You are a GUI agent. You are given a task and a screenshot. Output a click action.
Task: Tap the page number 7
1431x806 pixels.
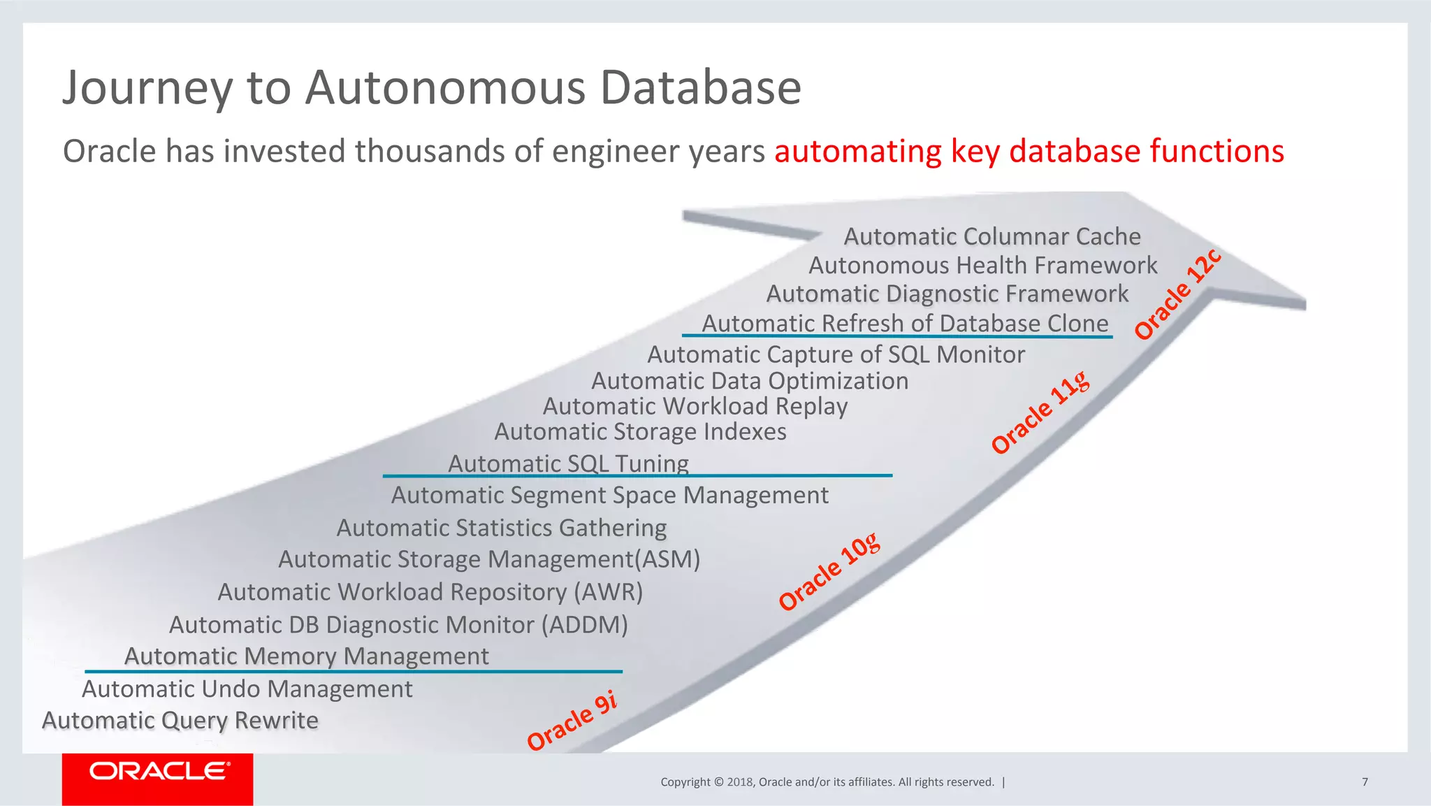coord(1365,782)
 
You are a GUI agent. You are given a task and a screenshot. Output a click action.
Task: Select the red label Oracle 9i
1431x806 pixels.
coord(572,721)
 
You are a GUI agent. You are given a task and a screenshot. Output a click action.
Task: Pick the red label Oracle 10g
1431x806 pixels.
coord(829,572)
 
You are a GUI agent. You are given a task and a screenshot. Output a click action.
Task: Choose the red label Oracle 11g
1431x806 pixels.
coord(1040,413)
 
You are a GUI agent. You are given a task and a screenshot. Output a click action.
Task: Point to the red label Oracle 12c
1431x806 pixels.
coord(1178,294)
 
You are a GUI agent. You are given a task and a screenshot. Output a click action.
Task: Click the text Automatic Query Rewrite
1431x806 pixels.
coord(180,720)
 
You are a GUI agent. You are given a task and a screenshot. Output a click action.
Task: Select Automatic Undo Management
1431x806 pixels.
coord(247,689)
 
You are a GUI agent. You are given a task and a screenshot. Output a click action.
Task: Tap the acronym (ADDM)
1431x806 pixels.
coord(585,624)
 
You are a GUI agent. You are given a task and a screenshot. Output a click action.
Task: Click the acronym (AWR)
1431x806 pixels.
coord(608,591)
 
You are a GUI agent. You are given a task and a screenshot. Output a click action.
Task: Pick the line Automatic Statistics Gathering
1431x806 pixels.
coord(501,527)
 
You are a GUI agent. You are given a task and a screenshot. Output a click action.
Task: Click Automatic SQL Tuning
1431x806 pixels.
coord(568,463)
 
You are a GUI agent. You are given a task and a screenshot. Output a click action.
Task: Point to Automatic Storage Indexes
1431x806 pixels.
coord(640,431)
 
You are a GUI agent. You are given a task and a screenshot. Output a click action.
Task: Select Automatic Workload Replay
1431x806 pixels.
coord(695,406)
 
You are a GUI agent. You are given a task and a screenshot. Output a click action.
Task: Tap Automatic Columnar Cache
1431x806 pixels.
coord(992,236)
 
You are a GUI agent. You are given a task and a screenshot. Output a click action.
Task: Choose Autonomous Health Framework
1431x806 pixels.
coord(982,266)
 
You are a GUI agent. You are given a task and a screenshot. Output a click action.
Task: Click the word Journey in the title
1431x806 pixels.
coord(147,89)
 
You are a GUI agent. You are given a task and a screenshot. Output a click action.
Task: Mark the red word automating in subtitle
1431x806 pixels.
coord(858,151)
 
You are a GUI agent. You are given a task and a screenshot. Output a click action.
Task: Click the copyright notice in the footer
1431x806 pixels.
coord(827,782)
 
